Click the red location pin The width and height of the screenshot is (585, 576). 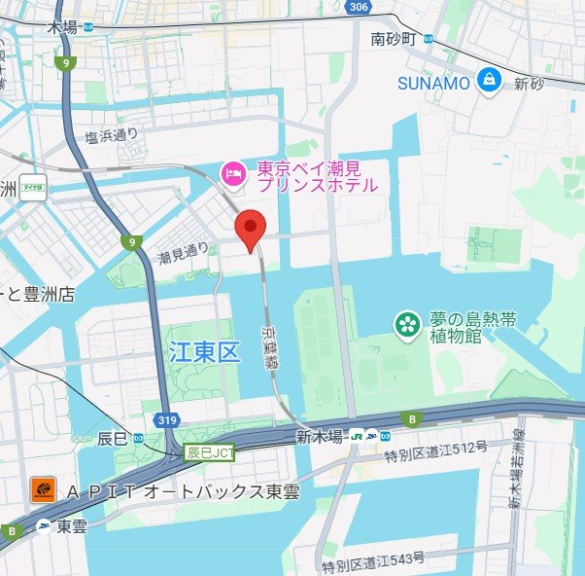[252, 229]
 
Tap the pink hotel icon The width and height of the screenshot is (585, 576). [233, 174]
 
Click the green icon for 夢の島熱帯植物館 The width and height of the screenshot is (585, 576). [406, 324]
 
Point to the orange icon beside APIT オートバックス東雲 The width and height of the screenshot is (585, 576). [43, 489]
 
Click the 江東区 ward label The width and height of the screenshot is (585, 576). [203, 352]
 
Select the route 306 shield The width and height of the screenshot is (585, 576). [360, 7]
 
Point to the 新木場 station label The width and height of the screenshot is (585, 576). [322, 436]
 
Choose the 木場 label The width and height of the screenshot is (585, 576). [61, 28]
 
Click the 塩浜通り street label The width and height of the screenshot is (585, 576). [111, 137]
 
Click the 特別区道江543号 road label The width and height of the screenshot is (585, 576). [374, 560]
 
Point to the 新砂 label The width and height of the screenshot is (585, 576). [529, 85]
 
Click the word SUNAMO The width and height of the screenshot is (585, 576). [434, 84]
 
